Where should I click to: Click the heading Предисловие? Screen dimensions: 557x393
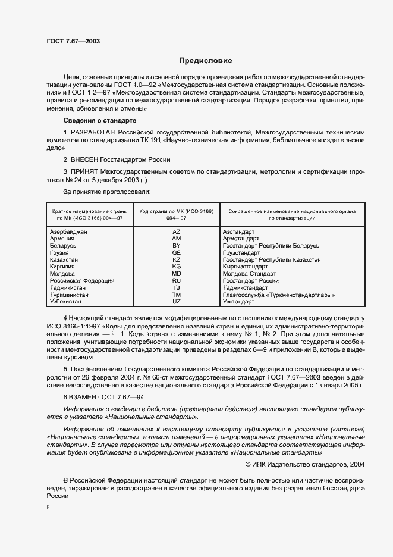[x=206, y=61]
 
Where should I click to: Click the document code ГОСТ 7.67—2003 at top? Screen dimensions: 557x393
[x=73, y=41]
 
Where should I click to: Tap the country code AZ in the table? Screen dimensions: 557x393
[x=176, y=231]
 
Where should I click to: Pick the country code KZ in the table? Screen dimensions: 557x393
[x=176, y=260]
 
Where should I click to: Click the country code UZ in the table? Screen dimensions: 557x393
[x=176, y=302]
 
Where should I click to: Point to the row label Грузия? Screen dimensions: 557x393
[x=60, y=253]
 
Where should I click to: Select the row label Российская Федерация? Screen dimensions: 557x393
[x=82, y=281]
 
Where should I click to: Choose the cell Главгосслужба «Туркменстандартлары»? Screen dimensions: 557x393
[x=278, y=295]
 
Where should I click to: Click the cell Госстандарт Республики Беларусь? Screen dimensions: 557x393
[x=271, y=246]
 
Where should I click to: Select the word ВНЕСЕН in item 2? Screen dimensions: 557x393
[x=88, y=159]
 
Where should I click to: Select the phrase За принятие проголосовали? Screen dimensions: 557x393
[x=107, y=192]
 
